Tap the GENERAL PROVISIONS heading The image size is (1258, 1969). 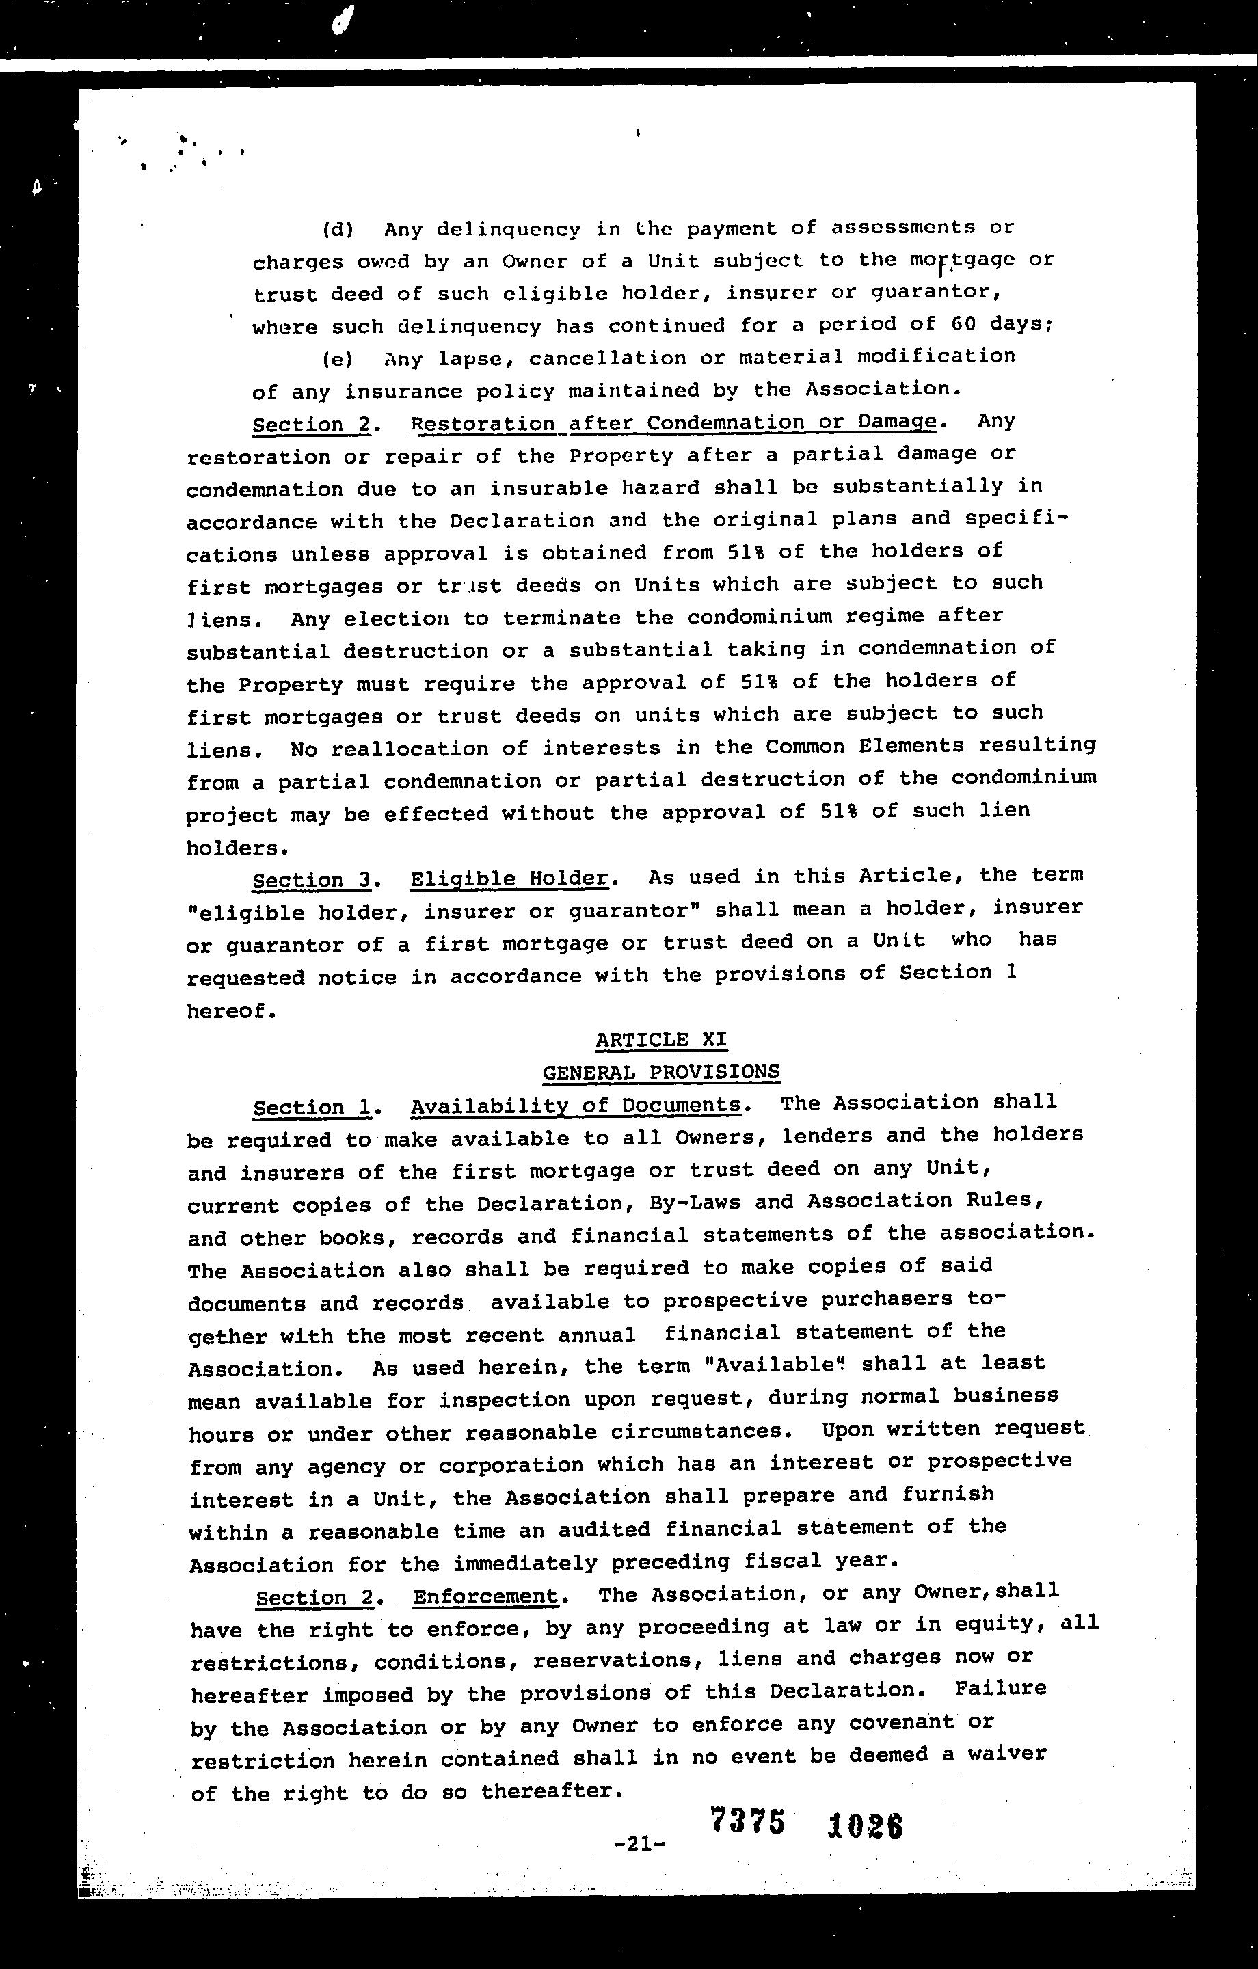coord(661,1072)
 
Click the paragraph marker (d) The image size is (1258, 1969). coord(338,229)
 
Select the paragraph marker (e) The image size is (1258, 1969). coord(338,359)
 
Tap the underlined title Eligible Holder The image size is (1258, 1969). coord(509,879)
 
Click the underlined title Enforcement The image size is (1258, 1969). coord(485,1596)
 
